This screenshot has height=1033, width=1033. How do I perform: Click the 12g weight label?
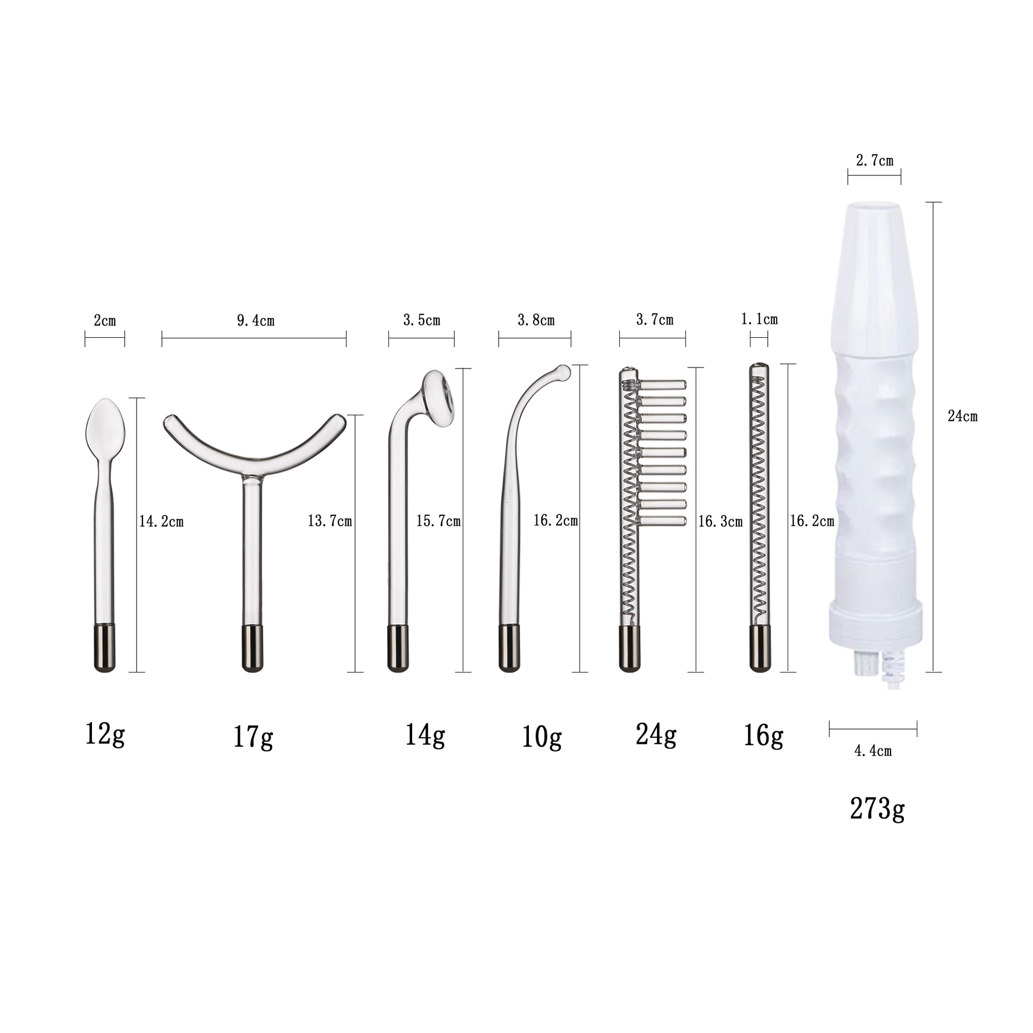[x=105, y=734]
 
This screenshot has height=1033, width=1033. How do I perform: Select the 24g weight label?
[x=656, y=734]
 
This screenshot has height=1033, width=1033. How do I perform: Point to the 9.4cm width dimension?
[x=256, y=321]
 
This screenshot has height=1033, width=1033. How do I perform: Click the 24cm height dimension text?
[x=962, y=416]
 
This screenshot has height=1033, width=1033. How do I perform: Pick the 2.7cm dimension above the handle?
[x=874, y=160]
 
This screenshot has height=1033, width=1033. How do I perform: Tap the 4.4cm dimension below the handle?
[x=873, y=751]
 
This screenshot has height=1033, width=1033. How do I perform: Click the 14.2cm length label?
[x=161, y=521]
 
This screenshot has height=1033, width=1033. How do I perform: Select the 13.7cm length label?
[x=330, y=521]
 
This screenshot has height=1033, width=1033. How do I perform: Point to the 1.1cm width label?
[x=759, y=320]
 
